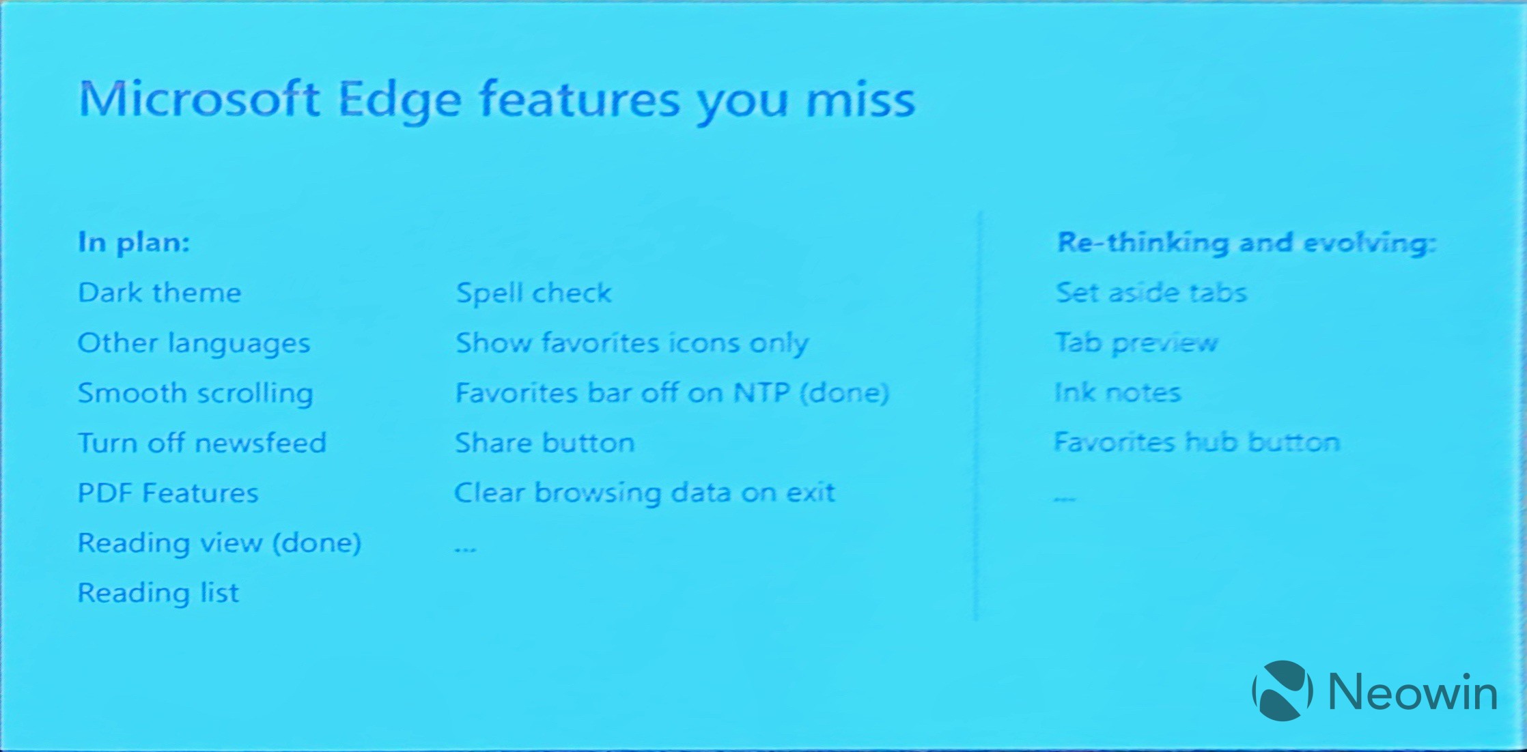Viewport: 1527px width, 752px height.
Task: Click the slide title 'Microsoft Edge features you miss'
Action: [x=496, y=101]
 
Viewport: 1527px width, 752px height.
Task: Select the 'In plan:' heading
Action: [x=134, y=242]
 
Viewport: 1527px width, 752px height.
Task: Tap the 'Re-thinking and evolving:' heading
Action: [x=1246, y=242]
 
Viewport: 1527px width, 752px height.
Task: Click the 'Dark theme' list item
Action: [x=160, y=293]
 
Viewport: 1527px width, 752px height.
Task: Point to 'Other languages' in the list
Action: [x=194, y=343]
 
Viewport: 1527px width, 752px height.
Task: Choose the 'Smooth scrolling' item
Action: [x=195, y=394]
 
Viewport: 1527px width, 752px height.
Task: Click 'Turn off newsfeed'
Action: [x=202, y=443]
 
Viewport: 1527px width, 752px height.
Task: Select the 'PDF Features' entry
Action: [x=168, y=493]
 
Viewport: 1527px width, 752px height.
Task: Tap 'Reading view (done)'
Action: [x=219, y=543]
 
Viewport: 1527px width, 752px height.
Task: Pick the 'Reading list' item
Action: [x=158, y=593]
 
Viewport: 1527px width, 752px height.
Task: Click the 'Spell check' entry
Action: [x=533, y=293]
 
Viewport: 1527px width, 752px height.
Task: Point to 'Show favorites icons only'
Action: [x=632, y=343]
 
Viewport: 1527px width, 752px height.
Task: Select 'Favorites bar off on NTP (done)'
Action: [x=672, y=393]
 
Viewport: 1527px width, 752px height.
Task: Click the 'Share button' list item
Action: [x=545, y=443]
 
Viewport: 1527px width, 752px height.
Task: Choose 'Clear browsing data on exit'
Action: [x=645, y=493]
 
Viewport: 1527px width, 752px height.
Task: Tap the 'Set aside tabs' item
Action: [x=1151, y=293]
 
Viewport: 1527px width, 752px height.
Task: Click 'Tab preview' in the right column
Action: [x=1136, y=343]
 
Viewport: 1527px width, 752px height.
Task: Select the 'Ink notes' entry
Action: [x=1118, y=392]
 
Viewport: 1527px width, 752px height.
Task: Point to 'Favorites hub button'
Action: [x=1197, y=442]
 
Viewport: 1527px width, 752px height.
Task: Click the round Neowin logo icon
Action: [x=1283, y=691]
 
